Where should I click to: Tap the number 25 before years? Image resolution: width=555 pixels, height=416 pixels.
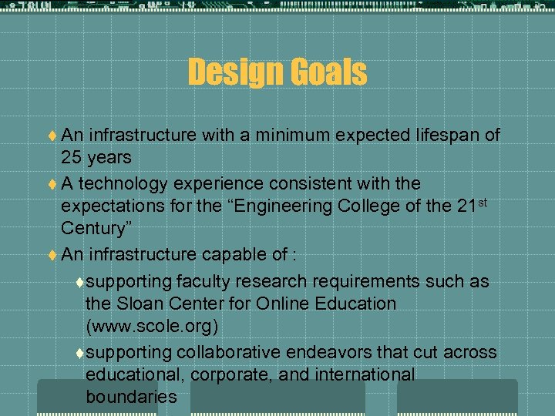[72, 158]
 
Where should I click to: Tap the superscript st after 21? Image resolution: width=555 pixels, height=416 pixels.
[483, 202]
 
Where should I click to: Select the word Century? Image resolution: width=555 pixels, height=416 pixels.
[92, 229]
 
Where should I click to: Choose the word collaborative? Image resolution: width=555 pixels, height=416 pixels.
[229, 352]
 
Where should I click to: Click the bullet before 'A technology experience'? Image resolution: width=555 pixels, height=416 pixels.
[52, 184]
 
